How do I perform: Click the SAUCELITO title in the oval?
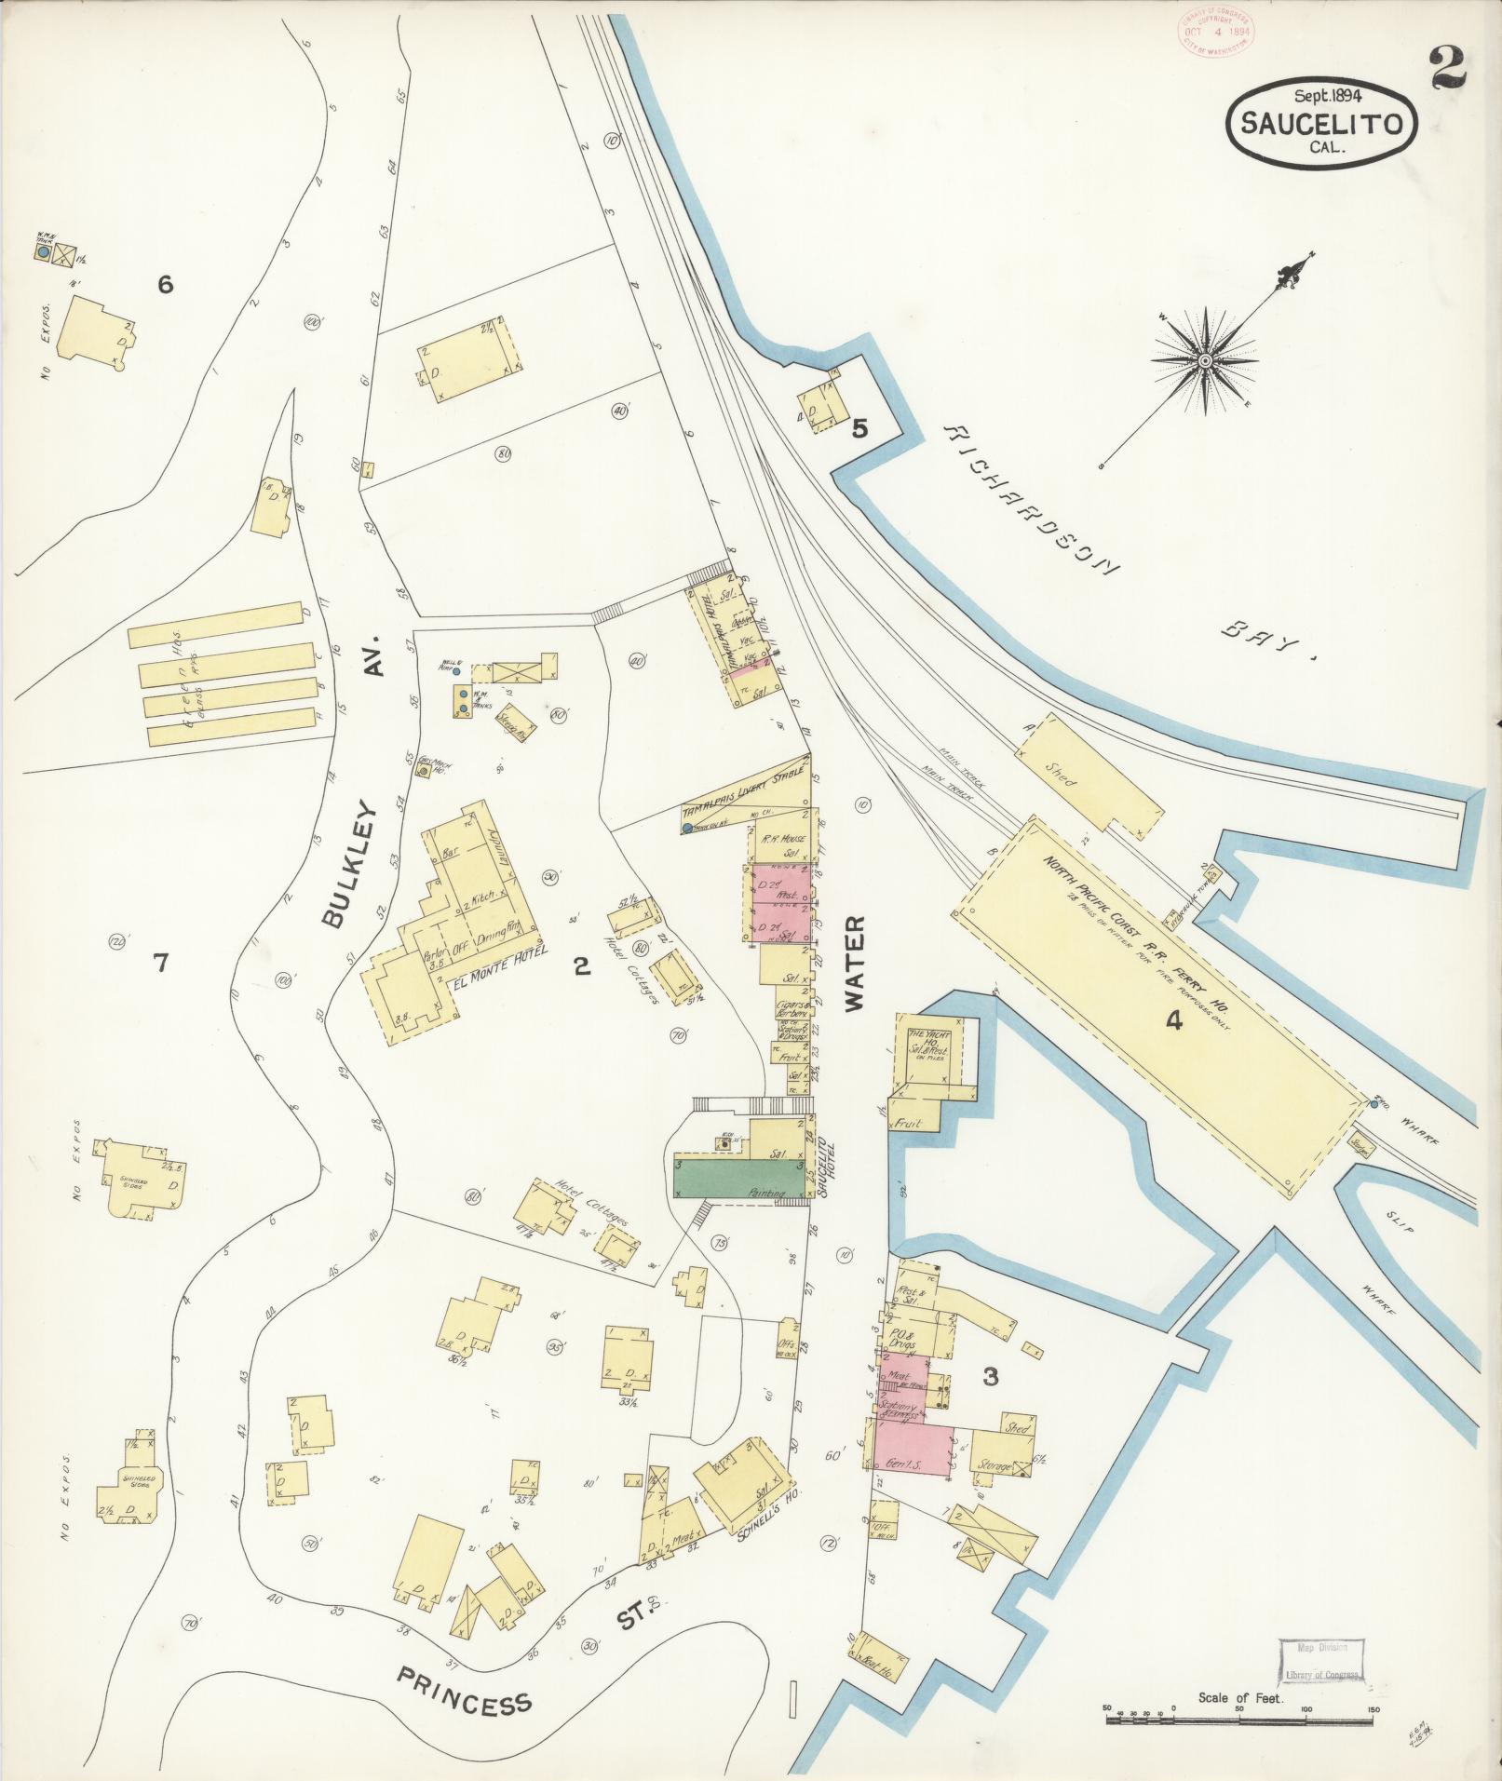1323,124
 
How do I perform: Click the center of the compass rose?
1204,360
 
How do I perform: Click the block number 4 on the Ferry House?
1173,1021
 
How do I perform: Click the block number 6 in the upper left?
165,285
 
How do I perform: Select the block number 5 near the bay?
859,429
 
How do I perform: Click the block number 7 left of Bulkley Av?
160,963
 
